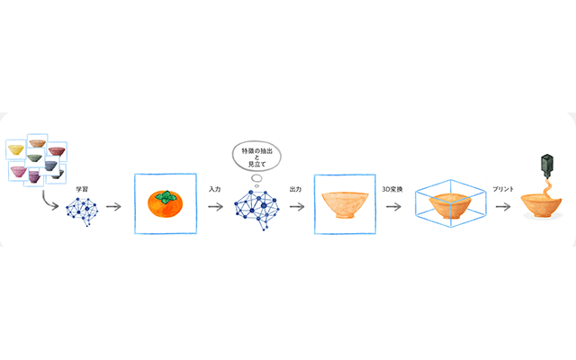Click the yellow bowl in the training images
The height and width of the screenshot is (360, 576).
(x=16, y=149)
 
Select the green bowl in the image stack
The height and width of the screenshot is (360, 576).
(x=34, y=158)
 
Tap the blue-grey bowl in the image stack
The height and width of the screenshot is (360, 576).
(x=50, y=166)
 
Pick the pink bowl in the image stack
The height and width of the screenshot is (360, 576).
(x=18, y=172)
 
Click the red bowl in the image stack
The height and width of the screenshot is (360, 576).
(x=57, y=151)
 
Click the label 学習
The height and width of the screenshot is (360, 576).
(x=82, y=189)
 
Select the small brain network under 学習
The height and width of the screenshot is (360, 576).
(x=82, y=211)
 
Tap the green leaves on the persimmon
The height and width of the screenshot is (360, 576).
(x=166, y=197)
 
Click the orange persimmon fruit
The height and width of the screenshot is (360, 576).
(x=165, y=204)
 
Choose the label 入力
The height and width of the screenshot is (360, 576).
(x=214, y=189)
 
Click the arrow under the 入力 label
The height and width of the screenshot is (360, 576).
(x=216, y=207)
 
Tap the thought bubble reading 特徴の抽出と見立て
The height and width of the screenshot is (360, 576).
(x=256, y=157)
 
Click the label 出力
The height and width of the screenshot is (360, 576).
(x=295, y=189)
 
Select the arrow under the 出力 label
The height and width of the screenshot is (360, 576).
(x=297, y=207)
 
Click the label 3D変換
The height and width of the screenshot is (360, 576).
(x=392, y=189)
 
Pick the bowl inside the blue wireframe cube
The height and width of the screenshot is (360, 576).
(x=450, y=206)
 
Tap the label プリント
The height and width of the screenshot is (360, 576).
(x=503, y=189)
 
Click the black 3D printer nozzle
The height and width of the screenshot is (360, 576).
(x=547, y=166)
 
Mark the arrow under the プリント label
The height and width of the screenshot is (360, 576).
(x=503, y=207)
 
